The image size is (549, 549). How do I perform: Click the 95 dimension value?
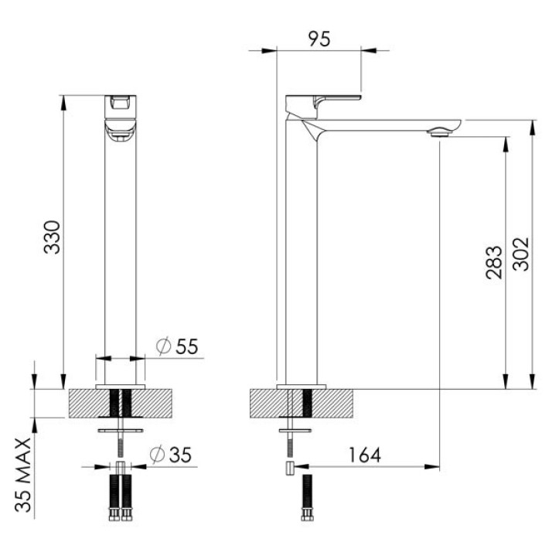pos(319,39)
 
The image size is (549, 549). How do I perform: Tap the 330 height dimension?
pos(53,237)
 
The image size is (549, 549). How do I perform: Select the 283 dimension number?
pos(494,262)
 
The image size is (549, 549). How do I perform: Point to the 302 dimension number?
pos(520,254)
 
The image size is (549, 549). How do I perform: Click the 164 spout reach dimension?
pos(364,455)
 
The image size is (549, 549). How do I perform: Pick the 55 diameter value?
pos(187,346)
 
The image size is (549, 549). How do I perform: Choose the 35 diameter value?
pos(181,455)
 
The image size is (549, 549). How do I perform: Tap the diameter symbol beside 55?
pos(163,346)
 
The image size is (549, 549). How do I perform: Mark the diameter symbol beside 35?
pos(157,455)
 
